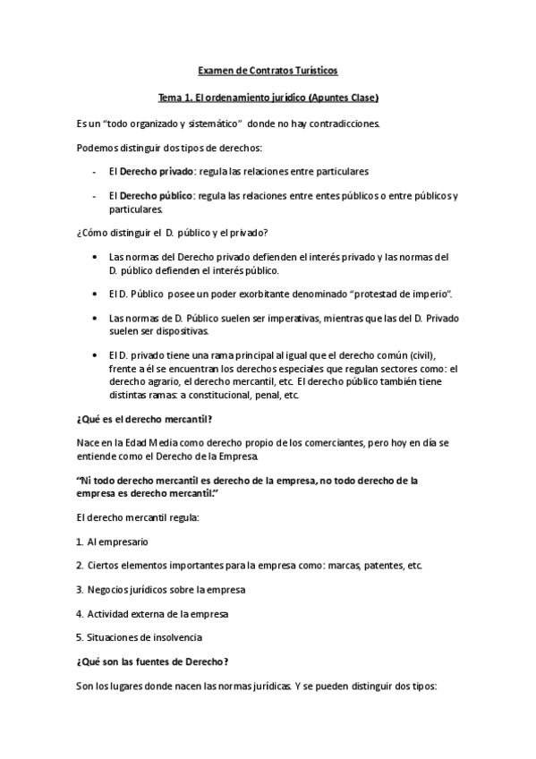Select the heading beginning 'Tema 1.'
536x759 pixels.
point(268,96)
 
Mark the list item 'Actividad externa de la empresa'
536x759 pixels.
point(157,613)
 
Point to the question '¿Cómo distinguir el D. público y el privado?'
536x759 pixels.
point(178,234)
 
